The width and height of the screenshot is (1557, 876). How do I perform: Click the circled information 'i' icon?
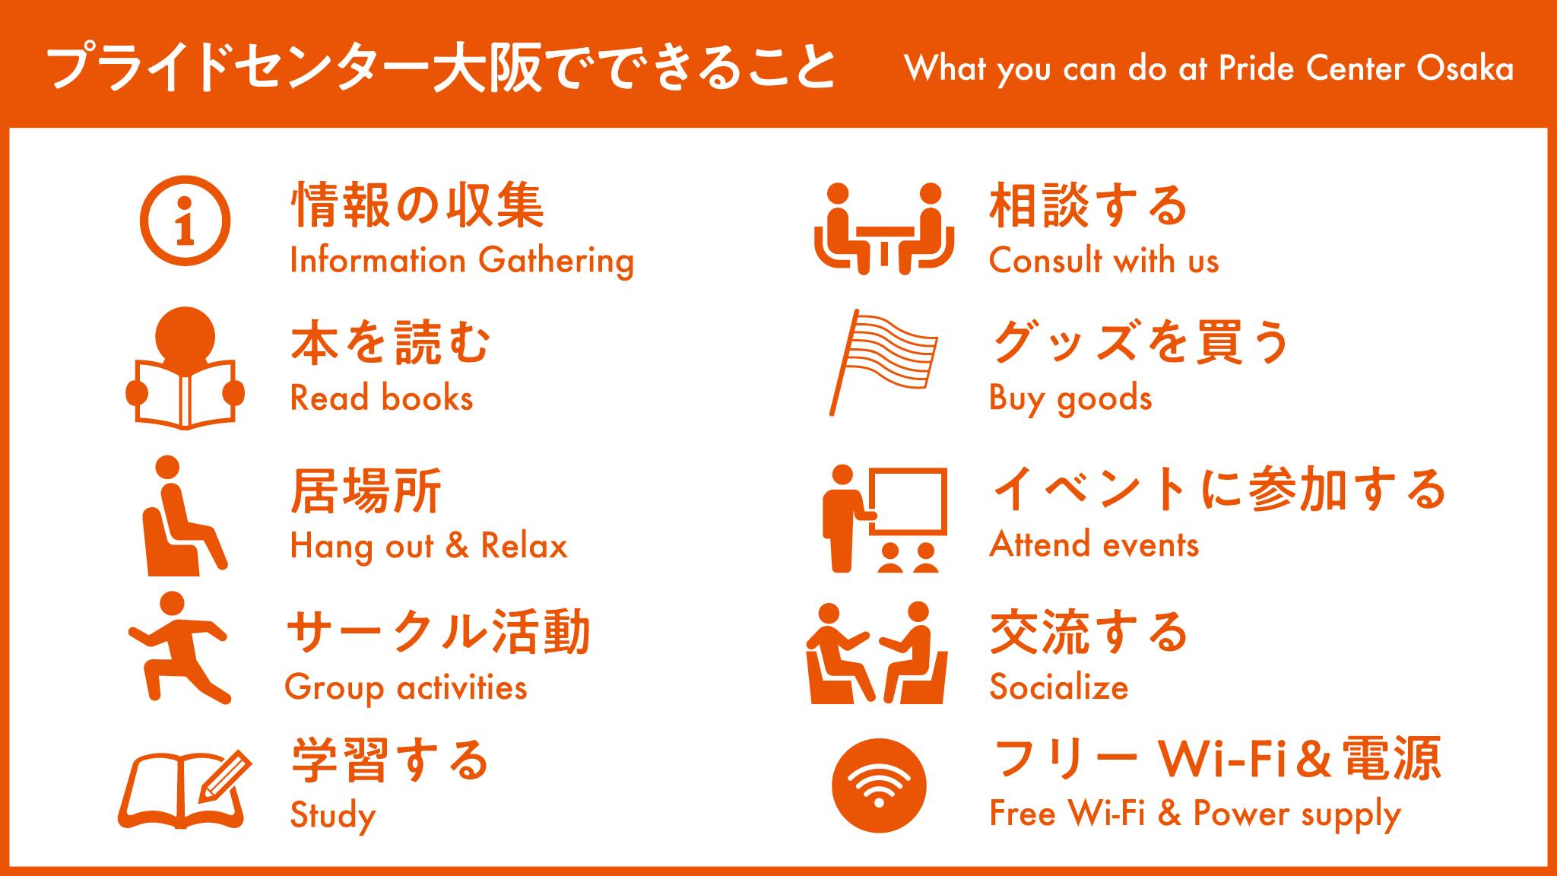click(185, 221)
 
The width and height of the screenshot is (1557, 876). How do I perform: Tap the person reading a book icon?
click(185, 368)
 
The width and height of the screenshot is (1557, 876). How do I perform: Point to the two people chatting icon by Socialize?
click(877, 652)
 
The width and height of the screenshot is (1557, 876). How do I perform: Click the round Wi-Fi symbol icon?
click(880, 786)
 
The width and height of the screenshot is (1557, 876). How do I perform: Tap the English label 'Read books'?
click(382, 398)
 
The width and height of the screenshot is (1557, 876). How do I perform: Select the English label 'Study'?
click(333, 816)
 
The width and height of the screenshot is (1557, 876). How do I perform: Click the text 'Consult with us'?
click(1104, 261)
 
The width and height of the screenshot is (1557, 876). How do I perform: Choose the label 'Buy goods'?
click(1070, 398)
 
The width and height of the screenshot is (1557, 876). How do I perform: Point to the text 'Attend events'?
click(1094, 544)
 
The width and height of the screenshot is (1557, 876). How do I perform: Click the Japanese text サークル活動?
click(439, 632)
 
